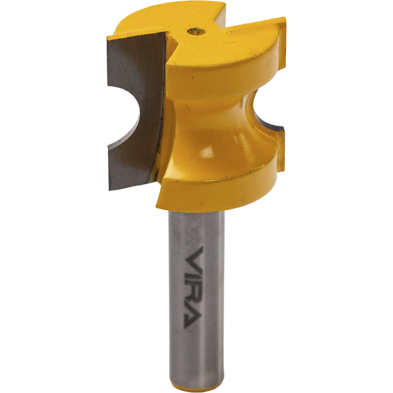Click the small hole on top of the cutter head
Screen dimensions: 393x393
(196, 31)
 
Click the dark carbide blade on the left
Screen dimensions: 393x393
(135, 110)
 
